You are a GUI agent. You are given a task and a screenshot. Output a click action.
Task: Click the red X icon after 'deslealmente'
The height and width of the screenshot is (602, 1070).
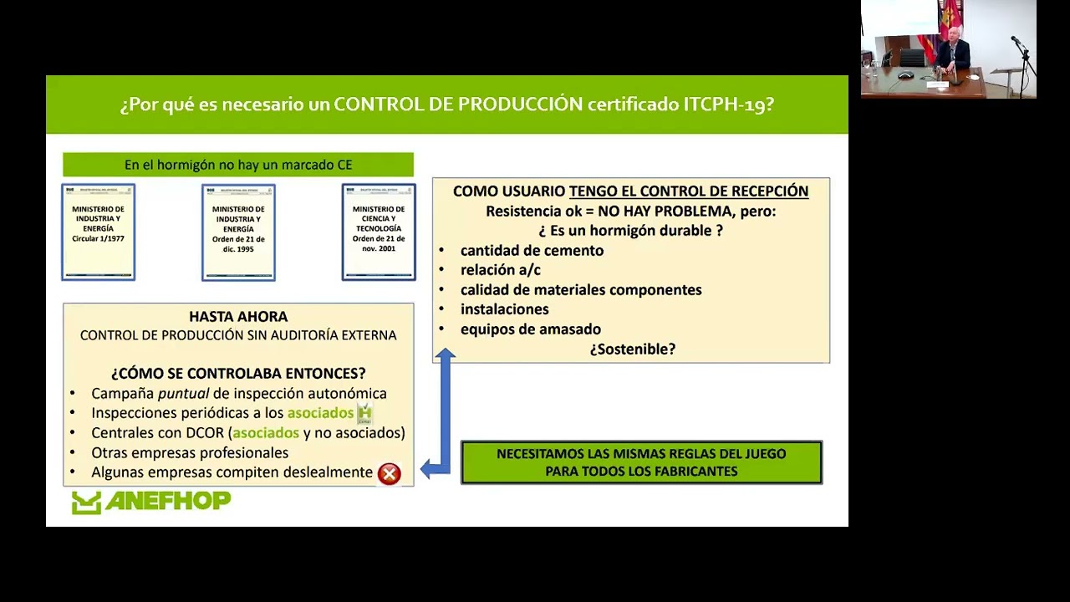[x=389, y=474]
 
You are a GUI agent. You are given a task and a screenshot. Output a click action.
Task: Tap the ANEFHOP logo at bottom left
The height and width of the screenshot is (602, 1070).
[x=151, y=502]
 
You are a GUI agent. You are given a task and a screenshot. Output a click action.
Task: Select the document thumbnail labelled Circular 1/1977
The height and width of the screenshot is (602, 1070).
[x=99, y=232]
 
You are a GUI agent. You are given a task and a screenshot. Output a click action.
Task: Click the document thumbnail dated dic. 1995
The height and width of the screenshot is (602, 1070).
[x=238, y=232]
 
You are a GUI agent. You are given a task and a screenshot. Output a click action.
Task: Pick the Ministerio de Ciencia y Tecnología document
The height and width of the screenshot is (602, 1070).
[x=379, y=232]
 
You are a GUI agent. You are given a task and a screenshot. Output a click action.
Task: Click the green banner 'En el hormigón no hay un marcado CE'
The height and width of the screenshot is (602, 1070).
[x=238, y=165]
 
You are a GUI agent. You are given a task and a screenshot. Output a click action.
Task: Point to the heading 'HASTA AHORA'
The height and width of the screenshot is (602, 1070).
[x=238, y=317]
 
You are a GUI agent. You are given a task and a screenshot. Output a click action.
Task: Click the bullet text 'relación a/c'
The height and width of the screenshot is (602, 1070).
[x=500, y=270]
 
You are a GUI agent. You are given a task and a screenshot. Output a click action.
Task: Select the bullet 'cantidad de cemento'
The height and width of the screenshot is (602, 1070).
[x=532, y=250]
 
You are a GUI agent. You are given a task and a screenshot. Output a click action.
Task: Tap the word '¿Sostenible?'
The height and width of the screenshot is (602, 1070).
[x=632, y=349]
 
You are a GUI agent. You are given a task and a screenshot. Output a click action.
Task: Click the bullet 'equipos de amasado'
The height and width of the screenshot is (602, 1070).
[x=530, y=329]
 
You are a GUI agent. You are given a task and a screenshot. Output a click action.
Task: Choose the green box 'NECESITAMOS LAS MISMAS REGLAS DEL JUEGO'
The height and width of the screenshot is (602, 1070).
[x=641, y=462]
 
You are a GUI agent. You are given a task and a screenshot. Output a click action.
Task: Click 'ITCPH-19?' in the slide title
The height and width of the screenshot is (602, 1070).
[x=728, y=105]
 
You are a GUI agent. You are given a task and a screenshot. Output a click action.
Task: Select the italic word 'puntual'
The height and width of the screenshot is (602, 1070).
[x=183, y=393]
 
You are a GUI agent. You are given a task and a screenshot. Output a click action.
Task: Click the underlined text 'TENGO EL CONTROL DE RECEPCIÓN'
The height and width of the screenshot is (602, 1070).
[x=689, y=191]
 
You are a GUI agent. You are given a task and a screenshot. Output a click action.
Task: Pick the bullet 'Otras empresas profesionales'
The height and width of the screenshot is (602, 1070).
[x=190, y=452]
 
